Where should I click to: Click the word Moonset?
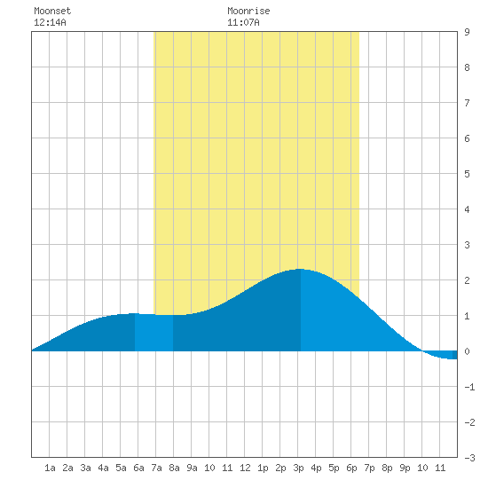[x=52, y=11]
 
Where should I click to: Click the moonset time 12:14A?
[x=50, y=22]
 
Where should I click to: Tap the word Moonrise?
[x=248, y=11]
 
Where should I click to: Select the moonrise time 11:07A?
[x=243, y=22]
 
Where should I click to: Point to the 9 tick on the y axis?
[x=467, y=32]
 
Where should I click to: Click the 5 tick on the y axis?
[x=467, y=174]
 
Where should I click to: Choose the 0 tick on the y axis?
[x=467, y=351]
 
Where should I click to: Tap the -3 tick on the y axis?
[x=469, y=458]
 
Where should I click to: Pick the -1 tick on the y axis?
[x=469, y=387]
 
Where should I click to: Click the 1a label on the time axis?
[x=50, y=468]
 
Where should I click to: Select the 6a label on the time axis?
[x=138, y=468]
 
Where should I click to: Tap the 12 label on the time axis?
[x=245, y=468]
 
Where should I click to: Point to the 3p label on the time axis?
[x=298, y=468]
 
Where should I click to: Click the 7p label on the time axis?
[x=369, y=468]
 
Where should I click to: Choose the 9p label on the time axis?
[x=405, y=468]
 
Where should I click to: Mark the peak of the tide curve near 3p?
[x=300, y=269]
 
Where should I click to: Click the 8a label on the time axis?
[x=174, y=468]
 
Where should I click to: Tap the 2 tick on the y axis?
[x=467, y=280]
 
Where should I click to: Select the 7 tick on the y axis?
[x=467, y=103]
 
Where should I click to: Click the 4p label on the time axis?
[x=316, y=468]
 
